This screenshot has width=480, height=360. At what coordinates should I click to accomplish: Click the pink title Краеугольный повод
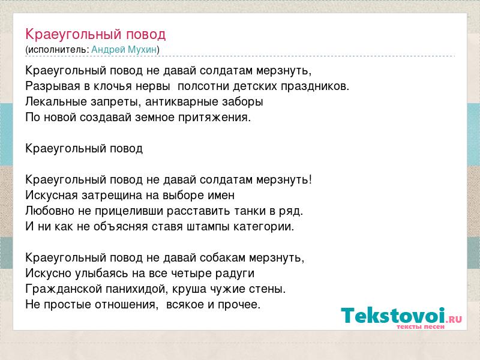click(95, 35)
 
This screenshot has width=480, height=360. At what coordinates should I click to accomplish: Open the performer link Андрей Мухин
click(124, 50)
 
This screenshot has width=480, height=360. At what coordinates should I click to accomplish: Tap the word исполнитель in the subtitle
click(58, 50)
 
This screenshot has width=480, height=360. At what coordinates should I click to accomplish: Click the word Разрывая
click(53, 86)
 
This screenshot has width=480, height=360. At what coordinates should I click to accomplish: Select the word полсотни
click(203, 86)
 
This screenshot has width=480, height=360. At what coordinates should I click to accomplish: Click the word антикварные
click(182, 102)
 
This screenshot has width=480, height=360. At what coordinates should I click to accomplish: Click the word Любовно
click(50, 211)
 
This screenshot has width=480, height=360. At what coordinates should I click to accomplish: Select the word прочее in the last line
click(239, 305)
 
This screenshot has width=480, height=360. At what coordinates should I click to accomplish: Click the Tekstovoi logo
click(401, 316)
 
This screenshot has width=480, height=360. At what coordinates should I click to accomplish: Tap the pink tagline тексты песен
click(421, 326)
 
